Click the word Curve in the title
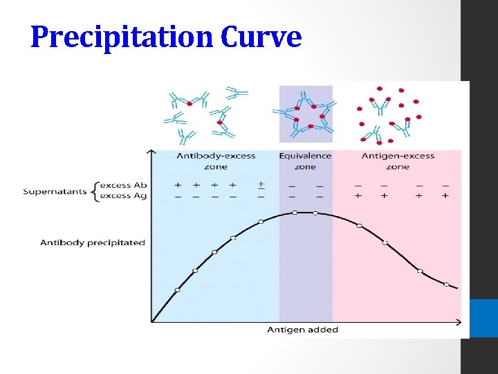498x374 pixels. pyautogui.click(x=261, y=37)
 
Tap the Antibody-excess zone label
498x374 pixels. pyautogui.click(x=216, y=161)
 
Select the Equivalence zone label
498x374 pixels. pyautogui.click(x=305, y=161)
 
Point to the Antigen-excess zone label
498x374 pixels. pyautogui.click(x=398, y=161)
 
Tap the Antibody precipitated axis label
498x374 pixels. pyautogui.click(x=93, y=242)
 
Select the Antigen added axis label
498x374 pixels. pyautogui.click(x=302, y=330)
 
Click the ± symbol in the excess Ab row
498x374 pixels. pyautogui.click(x=261, y=185)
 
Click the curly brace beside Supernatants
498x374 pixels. pyautogui.click(x=94, y=190)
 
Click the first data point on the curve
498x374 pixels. pyautogui.click(x=177, y=290)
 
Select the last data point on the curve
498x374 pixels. pyautogui.click(x=446, y=285)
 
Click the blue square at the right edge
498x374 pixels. pyautogui.click(x=483, y=318)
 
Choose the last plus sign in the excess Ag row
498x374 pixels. pyautogui.click(x=445, y=196)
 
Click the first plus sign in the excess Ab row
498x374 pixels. pyautogui.click(x=178, y=185)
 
